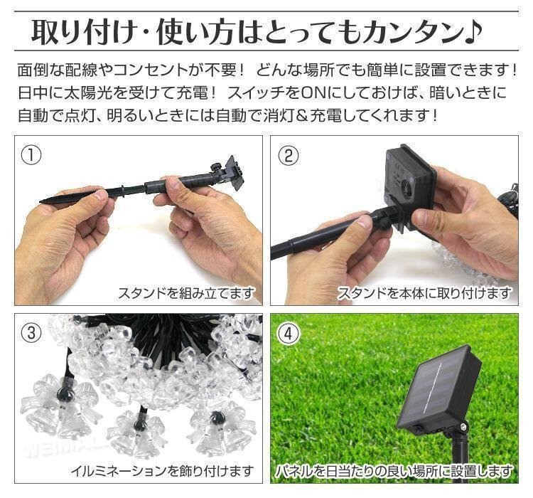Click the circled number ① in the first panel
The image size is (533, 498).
[x=31, y=156]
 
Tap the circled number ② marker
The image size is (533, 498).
[x=289, y=156]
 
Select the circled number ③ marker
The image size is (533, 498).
[x=31, y=332]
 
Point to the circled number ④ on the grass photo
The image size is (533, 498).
[x=289, y=333]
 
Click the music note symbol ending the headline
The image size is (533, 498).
[x=473, y=31]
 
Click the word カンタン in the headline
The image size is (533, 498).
[x=412, y=32]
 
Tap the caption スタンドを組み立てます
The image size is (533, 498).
[x=186, y=293]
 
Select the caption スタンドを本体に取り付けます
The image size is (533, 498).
[x=424, y=293]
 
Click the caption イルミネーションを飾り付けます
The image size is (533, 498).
[x=162, y=471]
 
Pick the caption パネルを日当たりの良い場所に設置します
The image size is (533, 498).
[x=394, y=471]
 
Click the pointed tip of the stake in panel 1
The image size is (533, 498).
[x=41, y=201]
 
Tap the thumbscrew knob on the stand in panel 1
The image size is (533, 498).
[x=215, y=167]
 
